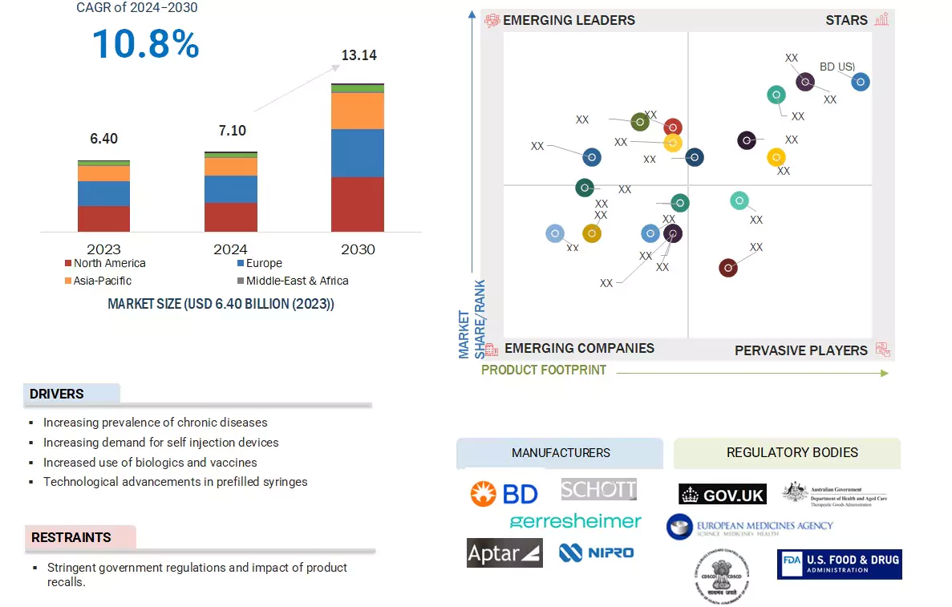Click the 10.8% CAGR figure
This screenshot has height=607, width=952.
[145, 43]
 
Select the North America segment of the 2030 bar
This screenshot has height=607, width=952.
[357, 204]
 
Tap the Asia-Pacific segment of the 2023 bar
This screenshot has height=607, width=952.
[103, 173]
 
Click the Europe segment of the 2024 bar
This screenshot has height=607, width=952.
[231, 189]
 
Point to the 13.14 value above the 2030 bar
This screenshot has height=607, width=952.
[359, 55]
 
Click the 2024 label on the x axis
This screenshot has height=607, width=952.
[231, 249]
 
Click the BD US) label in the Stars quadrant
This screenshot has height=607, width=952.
[837, 67]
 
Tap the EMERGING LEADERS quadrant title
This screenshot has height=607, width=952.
[569, 20]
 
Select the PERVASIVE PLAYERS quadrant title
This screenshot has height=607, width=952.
[800, 350]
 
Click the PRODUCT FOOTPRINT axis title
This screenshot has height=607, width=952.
[544, 370]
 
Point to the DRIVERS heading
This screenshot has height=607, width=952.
[57, 394]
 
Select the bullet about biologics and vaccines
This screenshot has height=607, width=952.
[150, 462]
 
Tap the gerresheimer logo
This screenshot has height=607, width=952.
[575, 521]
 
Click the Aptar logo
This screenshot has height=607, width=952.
[504, 552]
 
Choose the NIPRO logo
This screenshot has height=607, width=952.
[596, 552]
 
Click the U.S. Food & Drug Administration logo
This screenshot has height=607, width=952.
[839, 564]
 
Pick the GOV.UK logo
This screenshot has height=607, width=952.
[722, 495]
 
